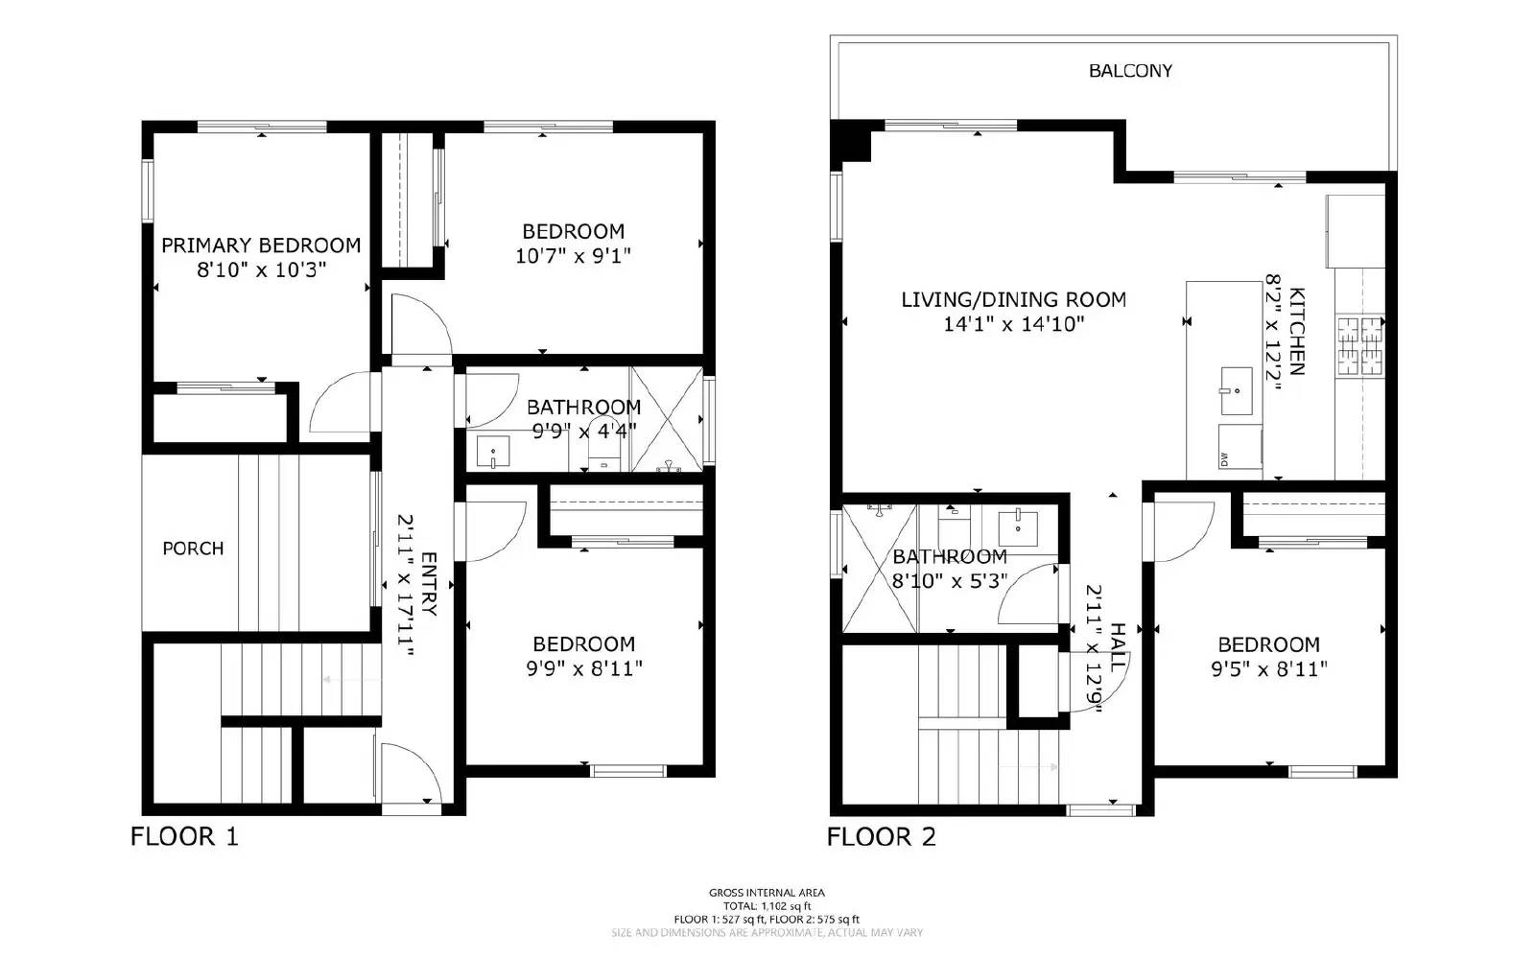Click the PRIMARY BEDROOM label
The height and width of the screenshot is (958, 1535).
point(261,245)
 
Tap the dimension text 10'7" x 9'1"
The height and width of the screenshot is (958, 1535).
point(573,256)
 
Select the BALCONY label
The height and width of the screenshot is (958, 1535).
point(1130,71)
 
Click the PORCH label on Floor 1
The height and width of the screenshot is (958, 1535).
point(193,549)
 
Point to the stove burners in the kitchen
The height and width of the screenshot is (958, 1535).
point(1360,344)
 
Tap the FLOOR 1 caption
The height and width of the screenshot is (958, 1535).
point(184,836)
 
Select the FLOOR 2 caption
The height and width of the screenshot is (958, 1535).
point(881,836)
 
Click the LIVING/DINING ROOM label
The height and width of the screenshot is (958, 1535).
point(1013,299)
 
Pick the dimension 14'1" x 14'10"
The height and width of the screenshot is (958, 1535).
point(1013,324)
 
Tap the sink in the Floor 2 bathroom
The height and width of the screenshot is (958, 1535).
point(1017,526)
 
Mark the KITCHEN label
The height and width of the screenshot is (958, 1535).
point(1296,331)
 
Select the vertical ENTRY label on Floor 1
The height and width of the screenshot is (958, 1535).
point(429,584)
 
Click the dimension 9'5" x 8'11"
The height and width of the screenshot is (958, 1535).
point(1268,669)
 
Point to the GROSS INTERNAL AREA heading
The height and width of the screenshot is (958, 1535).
point(767,893)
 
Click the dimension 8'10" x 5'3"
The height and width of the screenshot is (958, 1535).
point(950,581)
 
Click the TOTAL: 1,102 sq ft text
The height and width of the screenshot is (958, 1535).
point(767,906)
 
